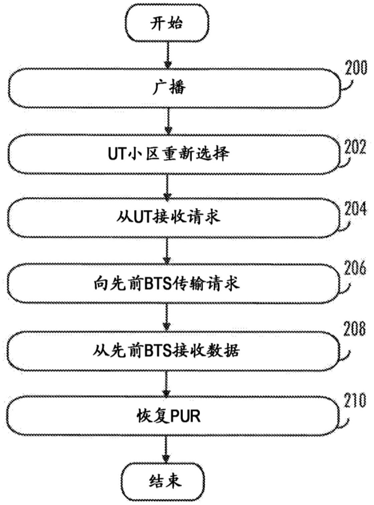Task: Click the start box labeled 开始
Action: [x=167, y=23]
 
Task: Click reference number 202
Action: [x=355, y=147]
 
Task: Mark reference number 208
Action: [x=355, y=329]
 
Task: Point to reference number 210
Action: [x=355, y=401]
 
